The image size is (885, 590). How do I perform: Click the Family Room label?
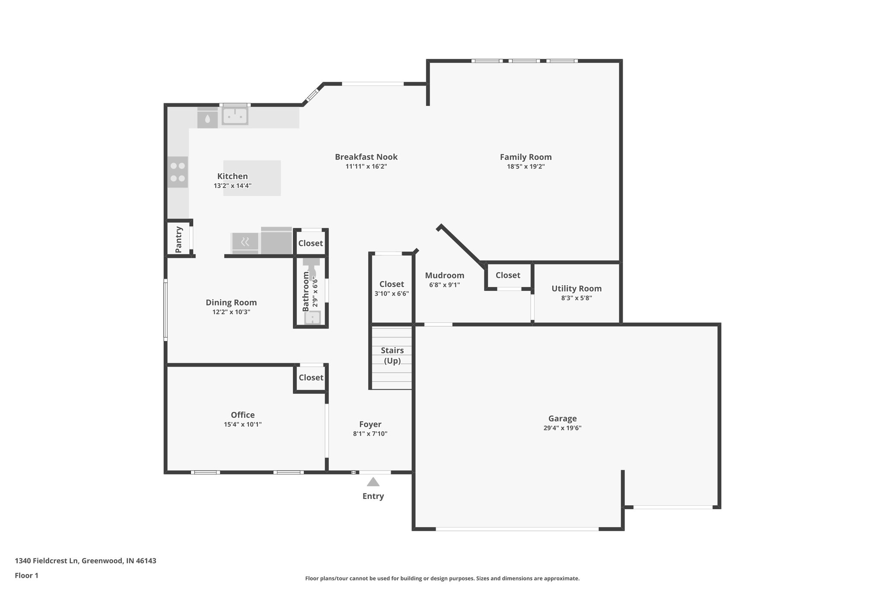[x=525, y=157]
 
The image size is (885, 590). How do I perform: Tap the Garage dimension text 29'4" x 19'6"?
[x=562, y=428]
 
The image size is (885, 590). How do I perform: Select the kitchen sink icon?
[x=235, y=116]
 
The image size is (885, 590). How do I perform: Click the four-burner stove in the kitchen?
[x=178, y=172]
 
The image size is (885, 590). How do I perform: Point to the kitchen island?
[x=252, y=178]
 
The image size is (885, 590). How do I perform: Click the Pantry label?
[x=178, y=239]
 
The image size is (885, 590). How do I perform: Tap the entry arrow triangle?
[x=373, y=482]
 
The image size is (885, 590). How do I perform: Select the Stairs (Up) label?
[x=392, y=355]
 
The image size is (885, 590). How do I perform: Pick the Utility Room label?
[x=576, y=288]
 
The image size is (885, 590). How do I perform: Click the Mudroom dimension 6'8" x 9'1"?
[x=444, y=285]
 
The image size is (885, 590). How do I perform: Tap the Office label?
[x=242, y=415]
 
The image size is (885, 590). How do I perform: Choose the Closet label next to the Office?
[x=311, y=377]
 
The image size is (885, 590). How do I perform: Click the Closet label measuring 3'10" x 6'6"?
[x=392, y=284]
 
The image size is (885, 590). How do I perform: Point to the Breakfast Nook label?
[x=366, y=157]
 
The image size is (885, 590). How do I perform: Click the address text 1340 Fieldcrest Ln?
[x=47, y=561]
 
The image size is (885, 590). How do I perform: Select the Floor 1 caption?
[x=26, y=575]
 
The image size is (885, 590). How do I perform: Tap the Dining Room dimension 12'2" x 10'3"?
[x=231, y=312]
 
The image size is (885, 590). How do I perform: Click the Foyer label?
[x=370, y=424]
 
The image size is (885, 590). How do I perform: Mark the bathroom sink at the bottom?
[x=312, y=318]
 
